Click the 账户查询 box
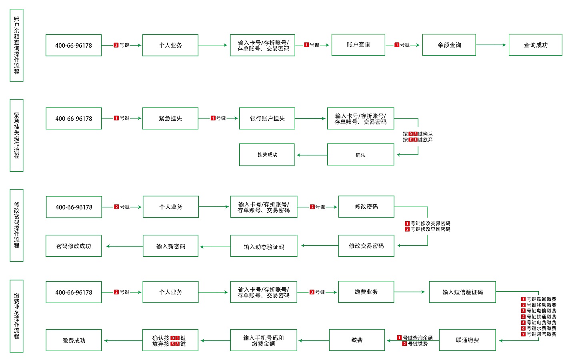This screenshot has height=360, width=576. (358, 45)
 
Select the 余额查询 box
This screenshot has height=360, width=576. (449, 45)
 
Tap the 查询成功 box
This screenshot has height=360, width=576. (535, 45)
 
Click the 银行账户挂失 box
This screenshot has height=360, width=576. (267, 118)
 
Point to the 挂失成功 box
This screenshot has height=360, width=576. (267, 155)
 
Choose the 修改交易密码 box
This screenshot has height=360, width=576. (366, 246)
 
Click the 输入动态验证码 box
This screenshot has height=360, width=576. (264, 246)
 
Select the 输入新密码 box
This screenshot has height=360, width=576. (170, 246)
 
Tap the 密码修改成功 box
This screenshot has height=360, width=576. (74, 246)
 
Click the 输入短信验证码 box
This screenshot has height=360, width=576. (462, 292)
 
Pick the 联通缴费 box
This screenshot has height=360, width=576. (467, 340)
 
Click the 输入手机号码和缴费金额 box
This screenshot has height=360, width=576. (263, 340)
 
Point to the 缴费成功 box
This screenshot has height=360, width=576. (74, 340)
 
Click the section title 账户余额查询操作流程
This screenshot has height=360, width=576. (16, 45)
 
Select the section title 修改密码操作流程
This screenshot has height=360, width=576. (16, 225)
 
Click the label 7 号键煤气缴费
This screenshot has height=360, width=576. (538, 334)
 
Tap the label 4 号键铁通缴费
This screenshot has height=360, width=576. (538, 316)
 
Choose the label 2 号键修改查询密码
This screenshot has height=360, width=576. (427, 229)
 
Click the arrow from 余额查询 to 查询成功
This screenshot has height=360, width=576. (492, 45)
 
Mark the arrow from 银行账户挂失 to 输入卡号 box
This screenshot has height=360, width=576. (310, 118)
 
